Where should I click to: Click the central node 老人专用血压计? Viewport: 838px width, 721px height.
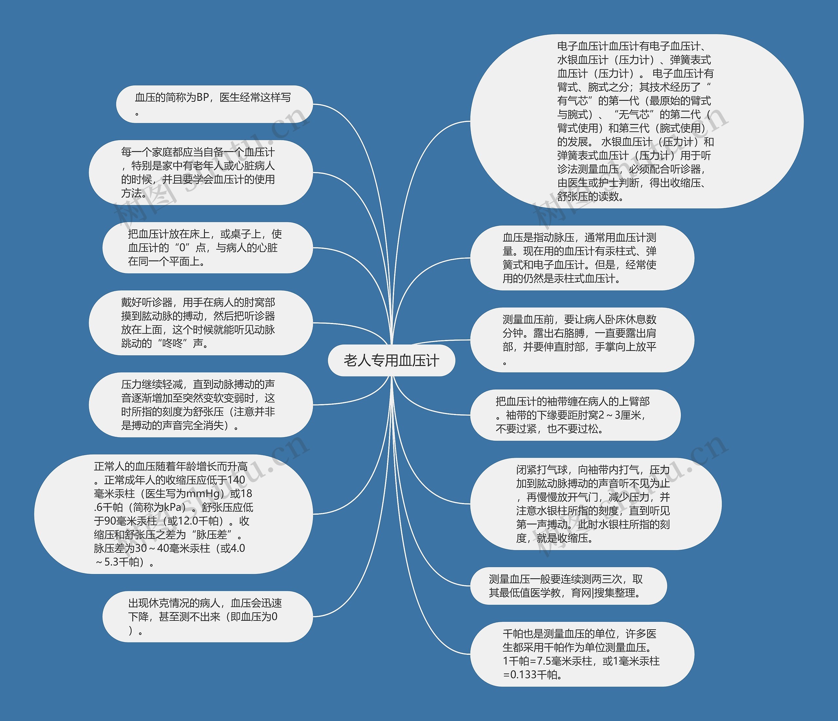(391, 360)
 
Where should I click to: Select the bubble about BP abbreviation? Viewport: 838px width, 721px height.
(214, 104)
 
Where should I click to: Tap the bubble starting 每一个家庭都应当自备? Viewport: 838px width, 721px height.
(201, 172)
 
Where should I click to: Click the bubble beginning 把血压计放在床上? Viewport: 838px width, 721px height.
(207, 248)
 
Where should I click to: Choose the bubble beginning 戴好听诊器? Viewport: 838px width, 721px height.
(201, 323)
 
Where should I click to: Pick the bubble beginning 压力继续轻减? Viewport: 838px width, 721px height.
(201, 405)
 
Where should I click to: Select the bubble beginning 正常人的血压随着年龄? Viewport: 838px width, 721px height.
(174, 514)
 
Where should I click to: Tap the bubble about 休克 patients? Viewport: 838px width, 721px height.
(207, 616)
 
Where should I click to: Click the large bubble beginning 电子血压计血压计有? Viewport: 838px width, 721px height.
(636, 121)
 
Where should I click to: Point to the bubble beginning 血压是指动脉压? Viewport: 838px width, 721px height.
(582, 258)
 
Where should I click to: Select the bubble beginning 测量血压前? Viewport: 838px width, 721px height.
(582, 340)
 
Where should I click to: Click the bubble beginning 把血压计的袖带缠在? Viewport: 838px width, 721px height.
(575, 415)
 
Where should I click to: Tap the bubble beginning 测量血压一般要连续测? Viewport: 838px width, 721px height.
(568, 585)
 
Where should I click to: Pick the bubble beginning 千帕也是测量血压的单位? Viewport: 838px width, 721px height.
(582, 654)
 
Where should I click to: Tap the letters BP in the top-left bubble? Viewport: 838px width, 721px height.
(203, 98)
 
